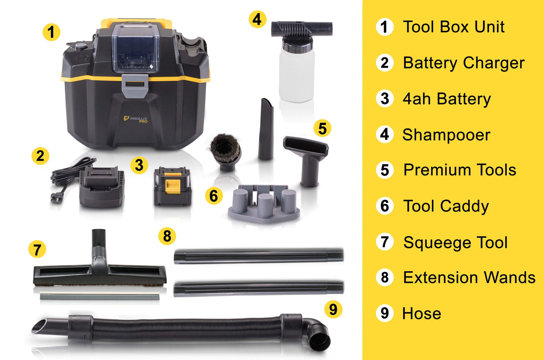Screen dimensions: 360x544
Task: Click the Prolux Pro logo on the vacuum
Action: tap(136, 119)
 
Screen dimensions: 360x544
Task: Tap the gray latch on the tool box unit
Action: tap(134, 86)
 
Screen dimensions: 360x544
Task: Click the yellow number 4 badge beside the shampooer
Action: tap(258, 19)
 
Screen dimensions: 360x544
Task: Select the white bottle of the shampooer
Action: tap(297, 75)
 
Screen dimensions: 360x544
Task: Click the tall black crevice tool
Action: tap(266, 130)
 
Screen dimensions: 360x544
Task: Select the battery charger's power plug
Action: tap(56, 199)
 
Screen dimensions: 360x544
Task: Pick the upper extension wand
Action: tap(258, 255)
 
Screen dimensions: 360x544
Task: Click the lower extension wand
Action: tap(258, 288)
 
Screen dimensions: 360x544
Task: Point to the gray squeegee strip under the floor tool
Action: tap(99, 297)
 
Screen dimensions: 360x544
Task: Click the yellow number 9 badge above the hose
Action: tap(333, 310)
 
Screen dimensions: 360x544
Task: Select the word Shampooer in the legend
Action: tap(446, 135)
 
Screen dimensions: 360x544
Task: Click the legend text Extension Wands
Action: tap(469, 278)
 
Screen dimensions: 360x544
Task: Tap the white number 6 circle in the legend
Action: tap(385, 206)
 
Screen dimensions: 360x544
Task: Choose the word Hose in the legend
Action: tap(422, 313)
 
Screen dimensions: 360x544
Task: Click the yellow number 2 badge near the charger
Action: tap(40, 156)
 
